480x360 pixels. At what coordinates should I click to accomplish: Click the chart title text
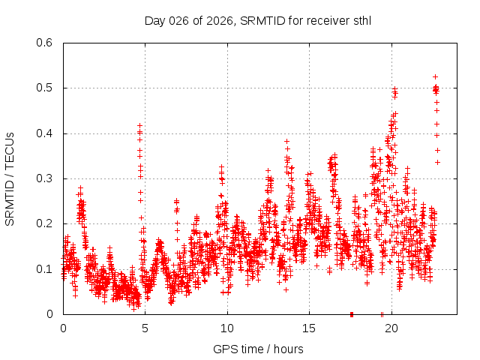coord(258,20)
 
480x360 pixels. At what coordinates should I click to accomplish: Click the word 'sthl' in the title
coord(361,20)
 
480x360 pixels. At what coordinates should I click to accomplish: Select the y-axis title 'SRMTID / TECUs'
coord(10,178)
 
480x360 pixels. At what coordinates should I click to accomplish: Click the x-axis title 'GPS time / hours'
coord(258,349)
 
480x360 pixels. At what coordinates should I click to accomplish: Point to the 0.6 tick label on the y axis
coord(45,43)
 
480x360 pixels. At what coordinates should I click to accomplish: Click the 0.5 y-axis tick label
coord(45,88)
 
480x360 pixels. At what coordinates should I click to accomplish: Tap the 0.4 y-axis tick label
coord(45,133)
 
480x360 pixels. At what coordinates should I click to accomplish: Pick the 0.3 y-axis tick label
coord(45,178)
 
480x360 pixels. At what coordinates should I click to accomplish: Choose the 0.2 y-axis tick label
coord(45,224)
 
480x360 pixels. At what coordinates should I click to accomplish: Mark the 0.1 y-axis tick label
coord(45,269)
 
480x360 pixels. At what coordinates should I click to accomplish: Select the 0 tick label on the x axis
coord(63,328)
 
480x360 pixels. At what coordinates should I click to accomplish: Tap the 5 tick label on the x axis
coord(145,328)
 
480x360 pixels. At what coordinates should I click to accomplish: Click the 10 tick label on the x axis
coord(227,328)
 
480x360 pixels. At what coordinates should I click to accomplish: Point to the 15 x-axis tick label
coord(309,328)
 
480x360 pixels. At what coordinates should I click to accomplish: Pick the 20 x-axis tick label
coord(391,328)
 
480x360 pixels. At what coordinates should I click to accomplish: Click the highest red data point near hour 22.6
coord(435,76)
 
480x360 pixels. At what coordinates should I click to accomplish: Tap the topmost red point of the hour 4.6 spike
coord(139,125)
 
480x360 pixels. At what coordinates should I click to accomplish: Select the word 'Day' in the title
coord(155,20)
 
